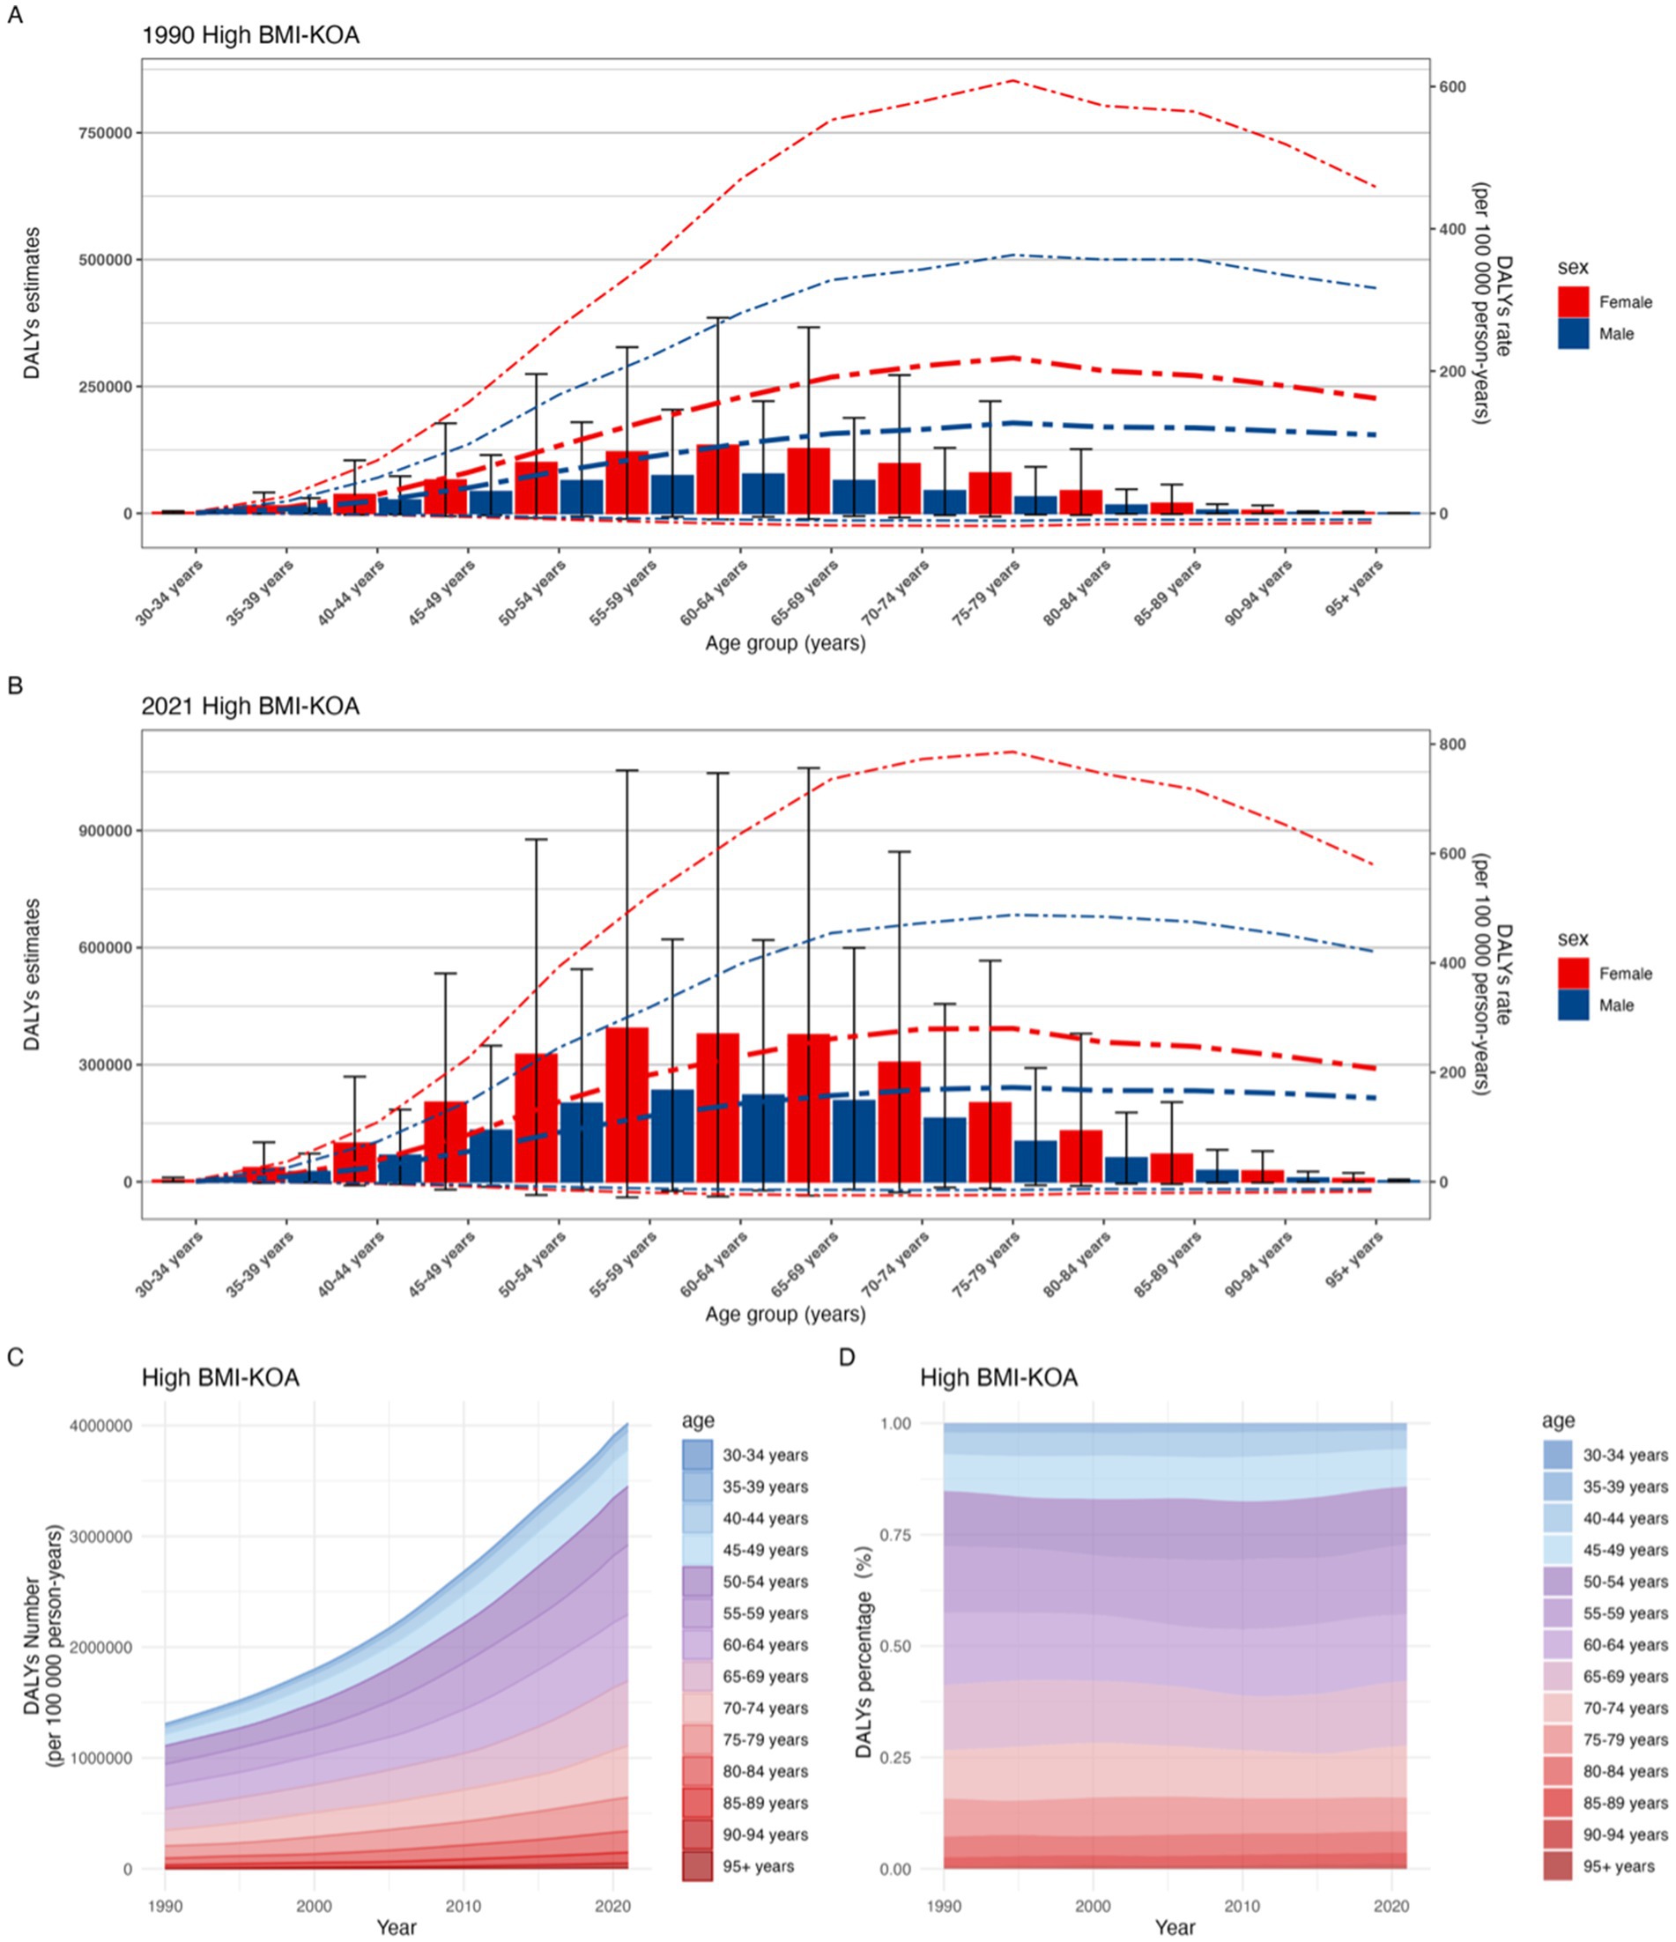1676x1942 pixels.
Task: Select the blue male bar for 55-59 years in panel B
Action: [x=672, y=1135]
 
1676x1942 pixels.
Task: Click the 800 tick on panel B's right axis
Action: [x=1453, y=745]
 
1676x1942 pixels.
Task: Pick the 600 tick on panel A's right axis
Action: [x=1453, y=87]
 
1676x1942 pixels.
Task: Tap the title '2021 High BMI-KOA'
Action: [x=250, y=706]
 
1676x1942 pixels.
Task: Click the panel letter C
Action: [x=15, y=1356]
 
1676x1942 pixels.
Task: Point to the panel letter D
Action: [x=847, y=1356]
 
